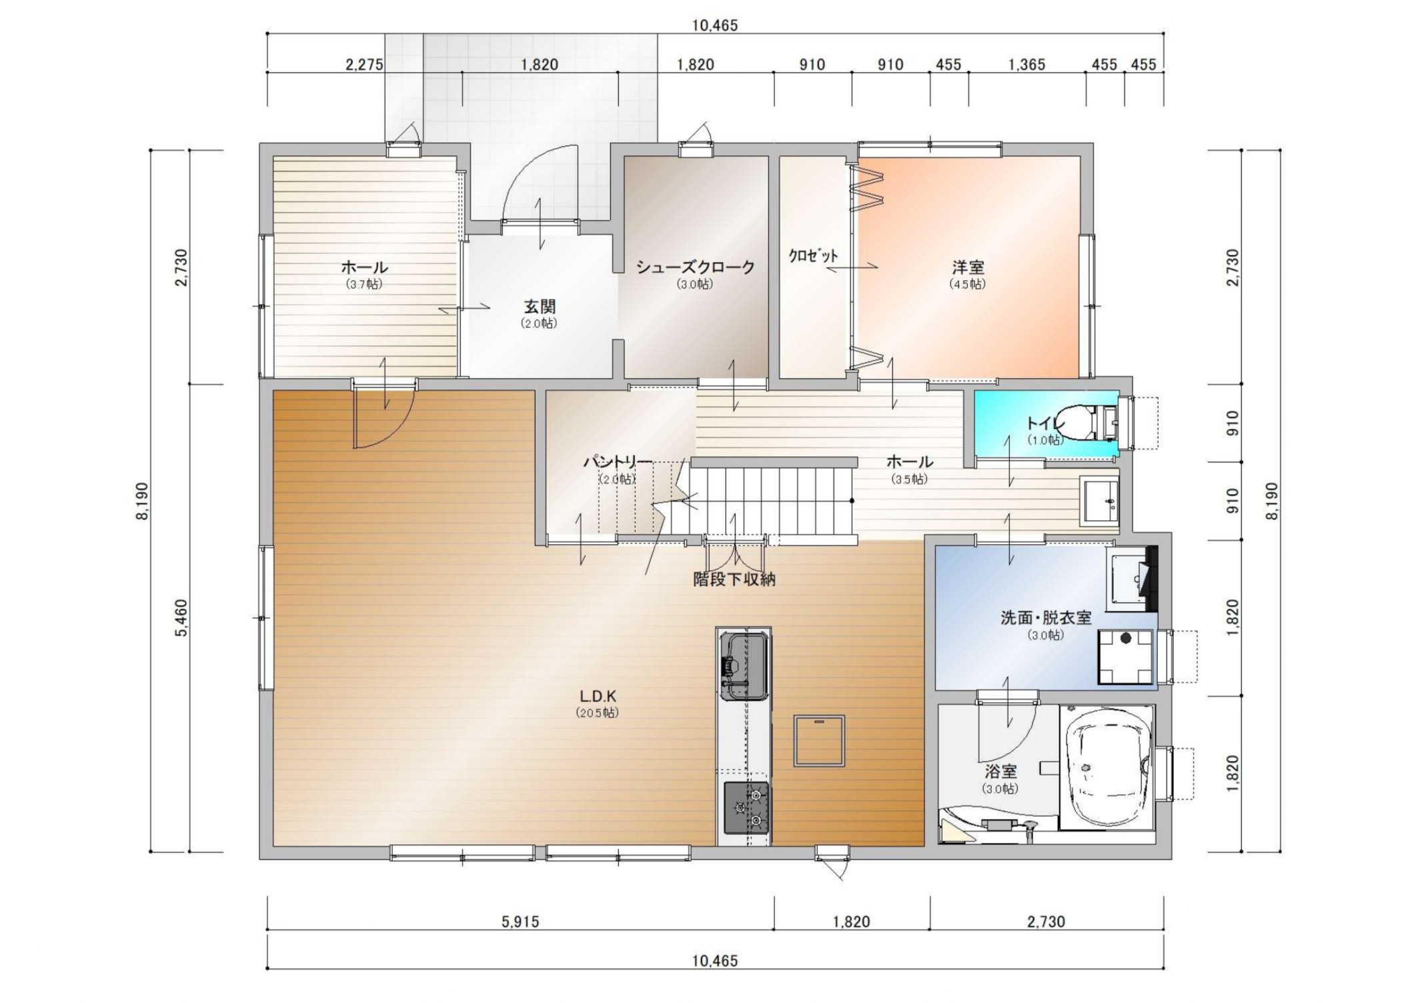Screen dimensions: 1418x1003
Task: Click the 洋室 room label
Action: [x=968, y=267]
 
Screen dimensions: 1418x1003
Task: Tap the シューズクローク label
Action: [x=695, y=267]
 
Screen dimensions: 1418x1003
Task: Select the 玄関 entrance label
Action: [x=539, y=307]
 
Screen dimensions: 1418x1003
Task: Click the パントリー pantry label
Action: [x=618, y=462]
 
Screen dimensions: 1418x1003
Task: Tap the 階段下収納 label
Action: [x=734, y=579]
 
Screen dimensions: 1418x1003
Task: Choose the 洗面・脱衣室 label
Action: [x=1046, y=618]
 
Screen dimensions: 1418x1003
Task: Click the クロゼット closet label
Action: [x=814, y=255]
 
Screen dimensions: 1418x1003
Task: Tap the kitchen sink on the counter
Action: [x=744, y=666]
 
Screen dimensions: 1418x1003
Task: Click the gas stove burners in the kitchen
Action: [x=747, y=808]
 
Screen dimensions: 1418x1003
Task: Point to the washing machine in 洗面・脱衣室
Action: [x=1126, y=657]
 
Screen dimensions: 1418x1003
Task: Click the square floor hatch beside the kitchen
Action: [x=819, y=741]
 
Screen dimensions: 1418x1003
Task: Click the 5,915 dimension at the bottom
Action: [x=520, y=922]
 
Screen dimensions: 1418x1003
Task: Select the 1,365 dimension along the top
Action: [x=1026, y=65]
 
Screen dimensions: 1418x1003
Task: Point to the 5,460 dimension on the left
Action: [x=181, y=618]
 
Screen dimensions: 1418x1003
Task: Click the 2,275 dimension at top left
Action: [x=364, y=65]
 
